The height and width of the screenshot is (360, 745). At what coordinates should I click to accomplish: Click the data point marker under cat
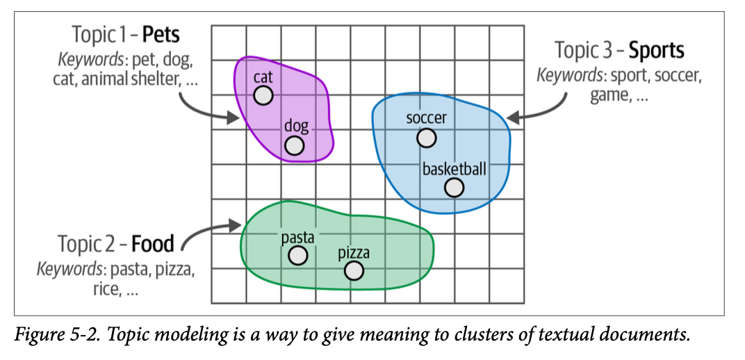(x=263, y=95)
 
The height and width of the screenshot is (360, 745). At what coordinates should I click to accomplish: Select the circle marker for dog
(x=295, y=145)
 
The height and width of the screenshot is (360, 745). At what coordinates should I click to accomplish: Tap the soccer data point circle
(x=426, y=138)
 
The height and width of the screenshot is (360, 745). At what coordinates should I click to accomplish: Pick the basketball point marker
(x=454, y=188)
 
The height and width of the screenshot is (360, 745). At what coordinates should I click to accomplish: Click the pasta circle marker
(x=297, y=256)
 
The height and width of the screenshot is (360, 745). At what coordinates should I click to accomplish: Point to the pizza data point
(x=354, y=270)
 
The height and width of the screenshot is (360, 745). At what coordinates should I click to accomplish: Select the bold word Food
(x=152, y=244)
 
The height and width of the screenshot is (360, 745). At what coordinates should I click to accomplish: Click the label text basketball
(x=455, y=169)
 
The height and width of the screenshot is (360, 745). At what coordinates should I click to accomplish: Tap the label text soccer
(x=426, y=118)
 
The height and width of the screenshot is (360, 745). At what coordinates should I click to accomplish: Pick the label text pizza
(x=354, y=252)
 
